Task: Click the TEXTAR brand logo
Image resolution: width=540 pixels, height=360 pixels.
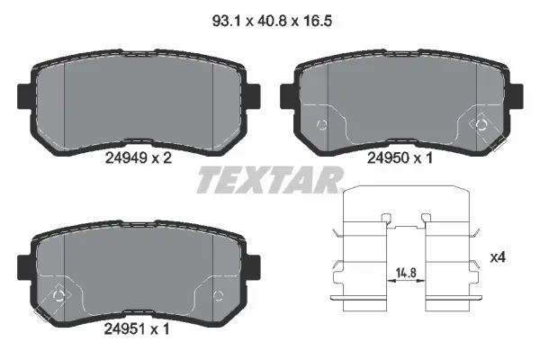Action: click(x=268, y=181)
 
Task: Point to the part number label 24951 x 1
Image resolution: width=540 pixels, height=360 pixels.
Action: click(x=138, y=329)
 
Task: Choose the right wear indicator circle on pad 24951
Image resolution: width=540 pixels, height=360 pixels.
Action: click(x=216, y=294)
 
